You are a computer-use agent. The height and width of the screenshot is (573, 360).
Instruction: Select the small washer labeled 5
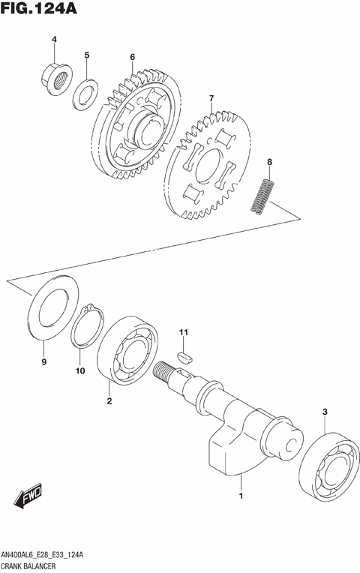click(84, 94)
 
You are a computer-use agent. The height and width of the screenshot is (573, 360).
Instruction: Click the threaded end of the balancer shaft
click(164, 370)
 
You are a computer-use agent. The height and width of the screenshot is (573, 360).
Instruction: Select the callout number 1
click(241, 496)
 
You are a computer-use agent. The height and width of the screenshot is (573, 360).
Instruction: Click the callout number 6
click(132, 56)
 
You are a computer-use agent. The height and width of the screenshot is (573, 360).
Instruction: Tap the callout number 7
click(211, 98)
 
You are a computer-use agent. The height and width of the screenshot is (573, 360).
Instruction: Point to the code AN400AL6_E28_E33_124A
click(47, 554)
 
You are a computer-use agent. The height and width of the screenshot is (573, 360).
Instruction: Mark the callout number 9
click(43, 362)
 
